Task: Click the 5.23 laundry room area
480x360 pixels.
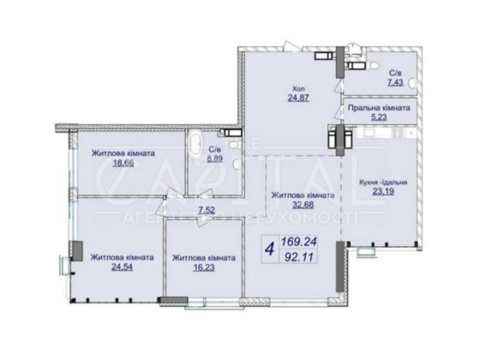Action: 378,120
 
